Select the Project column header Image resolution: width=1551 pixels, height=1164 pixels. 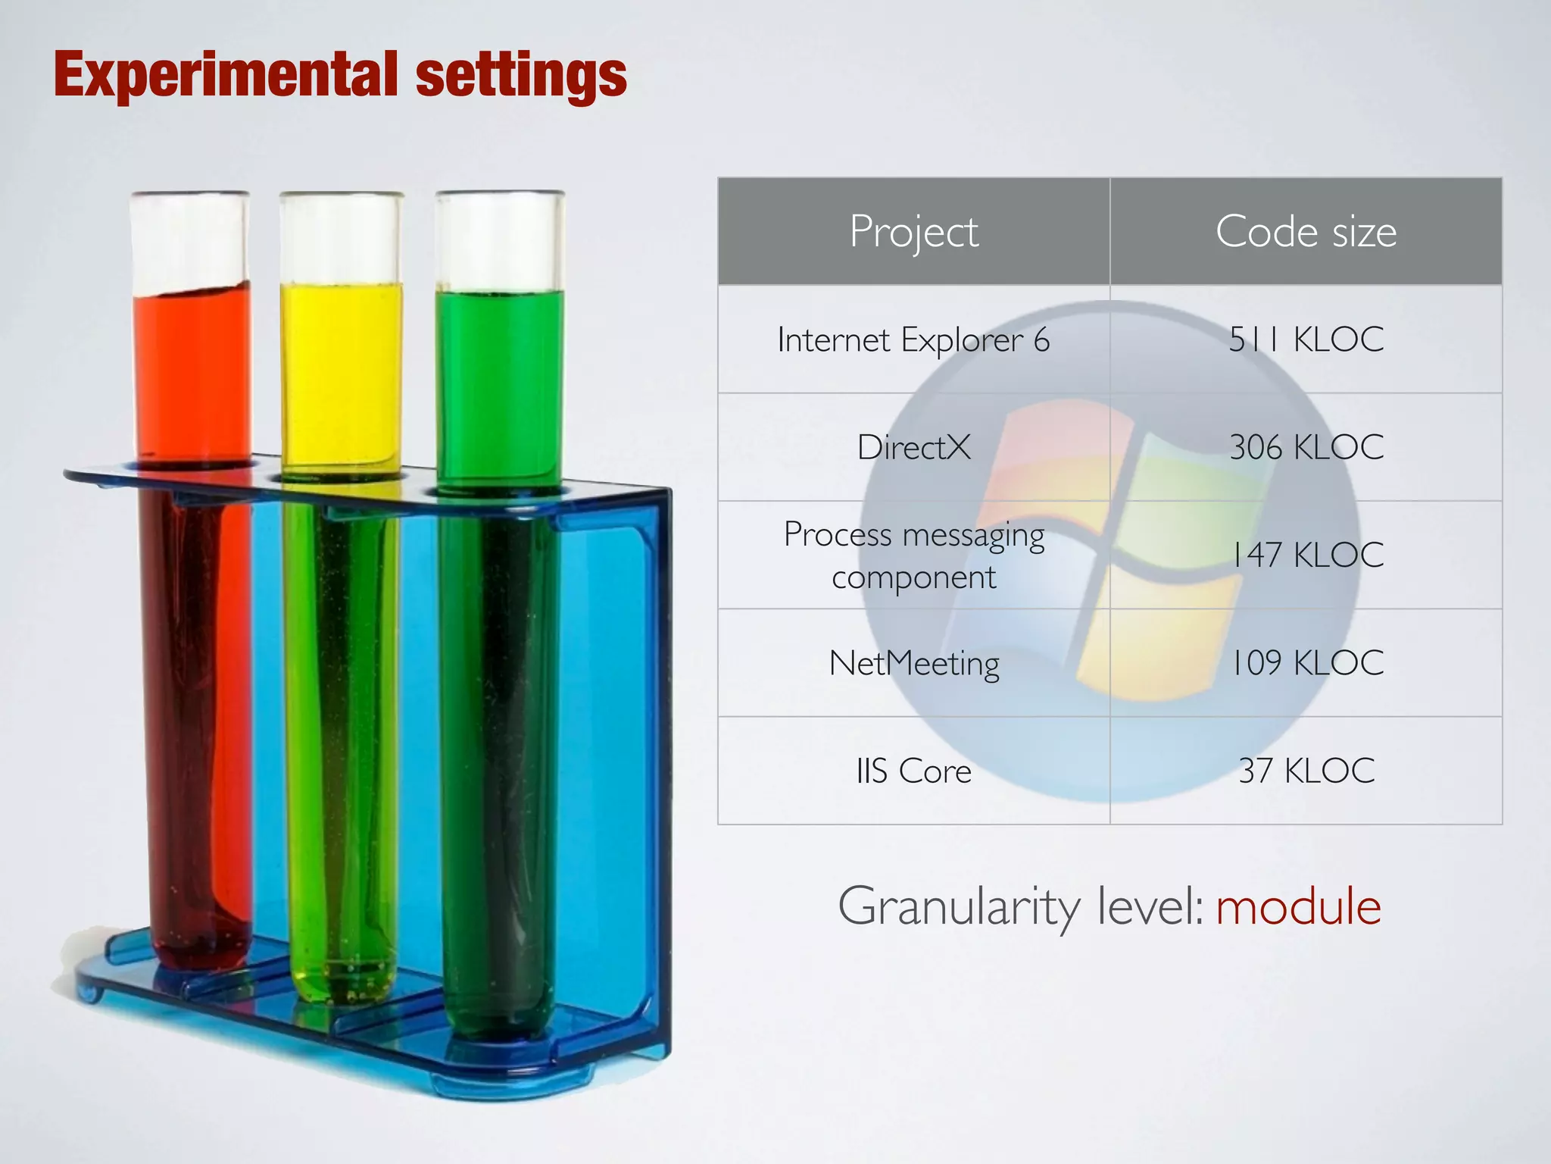point(913,231)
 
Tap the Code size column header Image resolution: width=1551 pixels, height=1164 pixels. point(1306,231)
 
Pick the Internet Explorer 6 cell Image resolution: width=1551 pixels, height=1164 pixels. point(913,339)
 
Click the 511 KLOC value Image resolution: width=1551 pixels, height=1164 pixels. point(1306,339)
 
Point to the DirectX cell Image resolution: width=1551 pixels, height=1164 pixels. point(913,447)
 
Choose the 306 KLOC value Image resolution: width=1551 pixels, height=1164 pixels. point(1306,447)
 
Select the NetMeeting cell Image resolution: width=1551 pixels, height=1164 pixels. point(913,663)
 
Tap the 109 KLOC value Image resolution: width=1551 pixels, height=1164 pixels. point(1306,663)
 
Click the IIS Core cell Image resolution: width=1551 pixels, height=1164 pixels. point(913,771)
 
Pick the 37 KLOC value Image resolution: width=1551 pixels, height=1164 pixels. point(1306,771)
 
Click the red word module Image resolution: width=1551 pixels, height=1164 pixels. point(1298,906)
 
